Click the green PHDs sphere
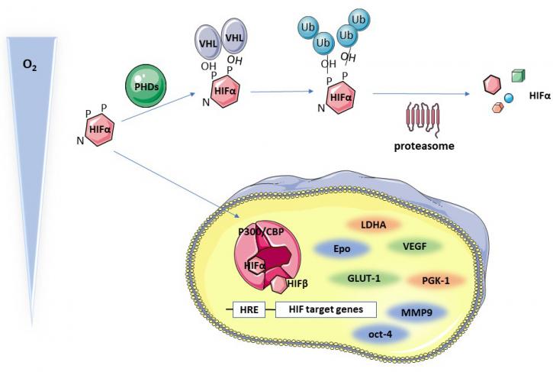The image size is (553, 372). [146, 86]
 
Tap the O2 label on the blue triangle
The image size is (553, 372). [30, 66]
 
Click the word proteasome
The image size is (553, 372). [424, 146]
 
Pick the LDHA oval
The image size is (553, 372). [374, 225]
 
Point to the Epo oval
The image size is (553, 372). [342, 249]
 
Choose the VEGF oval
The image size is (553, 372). [414, 246]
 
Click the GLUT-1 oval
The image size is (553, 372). [364, 278]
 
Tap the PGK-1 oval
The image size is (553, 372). [436, 281]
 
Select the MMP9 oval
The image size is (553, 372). [417, 312]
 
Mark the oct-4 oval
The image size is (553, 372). [380, 334]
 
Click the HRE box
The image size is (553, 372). [249, 310]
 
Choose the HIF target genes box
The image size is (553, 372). [326, 309]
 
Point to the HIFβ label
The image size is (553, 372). [297, 283]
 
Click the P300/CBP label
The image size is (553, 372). [261, 231]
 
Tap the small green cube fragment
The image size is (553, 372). [518, 76]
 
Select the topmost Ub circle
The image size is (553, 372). [359, 20]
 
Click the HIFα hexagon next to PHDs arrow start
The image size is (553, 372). [100, 130]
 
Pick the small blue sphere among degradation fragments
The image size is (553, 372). [508, 98]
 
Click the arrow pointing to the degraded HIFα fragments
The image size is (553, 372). [421, 94]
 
